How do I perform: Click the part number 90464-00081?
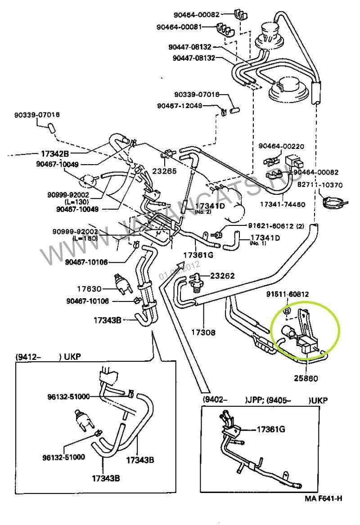[x=178, y=27]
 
